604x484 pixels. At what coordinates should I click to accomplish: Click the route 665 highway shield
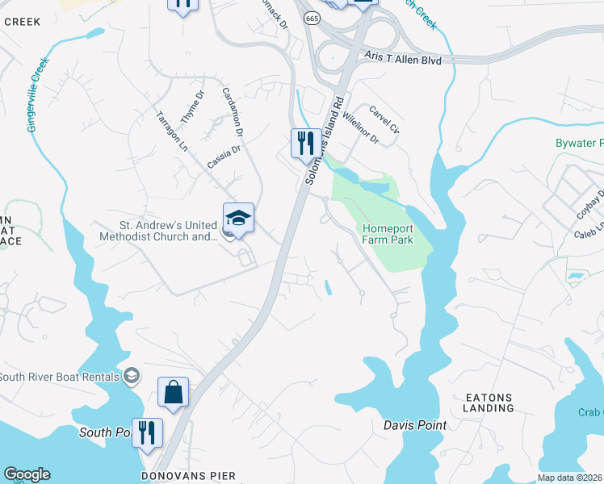(x=310, y=18)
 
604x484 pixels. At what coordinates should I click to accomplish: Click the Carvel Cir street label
(x=384, y=119)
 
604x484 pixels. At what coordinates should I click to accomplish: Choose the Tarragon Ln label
(x=171, y=131)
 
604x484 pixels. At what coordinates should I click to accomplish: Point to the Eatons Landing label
(x=489, y=403)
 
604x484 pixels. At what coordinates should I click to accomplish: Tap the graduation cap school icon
(x=238, y=218)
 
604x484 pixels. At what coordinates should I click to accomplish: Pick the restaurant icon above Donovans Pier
(x=147, y=432)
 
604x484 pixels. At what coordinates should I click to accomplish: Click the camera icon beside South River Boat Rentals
(x=131, y=376)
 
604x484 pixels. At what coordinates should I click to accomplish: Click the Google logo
(x=27, y=474)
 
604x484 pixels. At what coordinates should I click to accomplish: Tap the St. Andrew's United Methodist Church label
(x=157, y=231)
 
